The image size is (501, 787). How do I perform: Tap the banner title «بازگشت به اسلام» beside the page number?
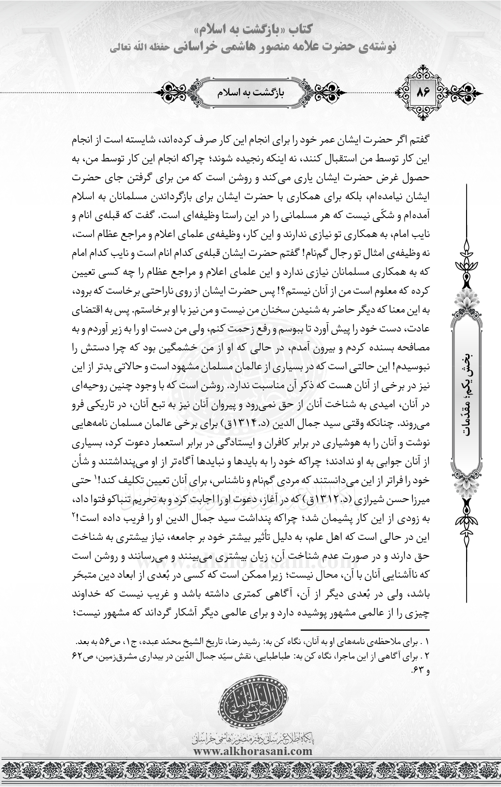pos(251,91)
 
